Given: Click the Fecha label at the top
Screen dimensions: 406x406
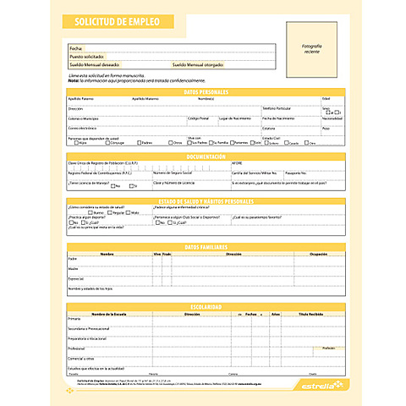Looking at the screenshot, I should pos(76,49).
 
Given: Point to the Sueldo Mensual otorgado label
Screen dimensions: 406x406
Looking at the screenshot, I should pos(199,63).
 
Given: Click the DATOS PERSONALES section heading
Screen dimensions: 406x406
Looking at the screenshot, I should pos(206,91).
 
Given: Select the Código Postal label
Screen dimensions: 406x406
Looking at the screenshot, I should pos(198,118).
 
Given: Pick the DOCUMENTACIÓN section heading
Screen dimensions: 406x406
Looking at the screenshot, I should pos(206,156).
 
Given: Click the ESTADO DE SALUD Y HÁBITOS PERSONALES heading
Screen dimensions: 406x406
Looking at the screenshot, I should pos(206,201).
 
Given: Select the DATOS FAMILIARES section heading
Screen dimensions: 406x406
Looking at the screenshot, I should pos(206,246).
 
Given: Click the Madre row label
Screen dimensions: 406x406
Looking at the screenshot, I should pos(74,268).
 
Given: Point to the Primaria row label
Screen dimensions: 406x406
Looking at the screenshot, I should pos(75,320).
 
